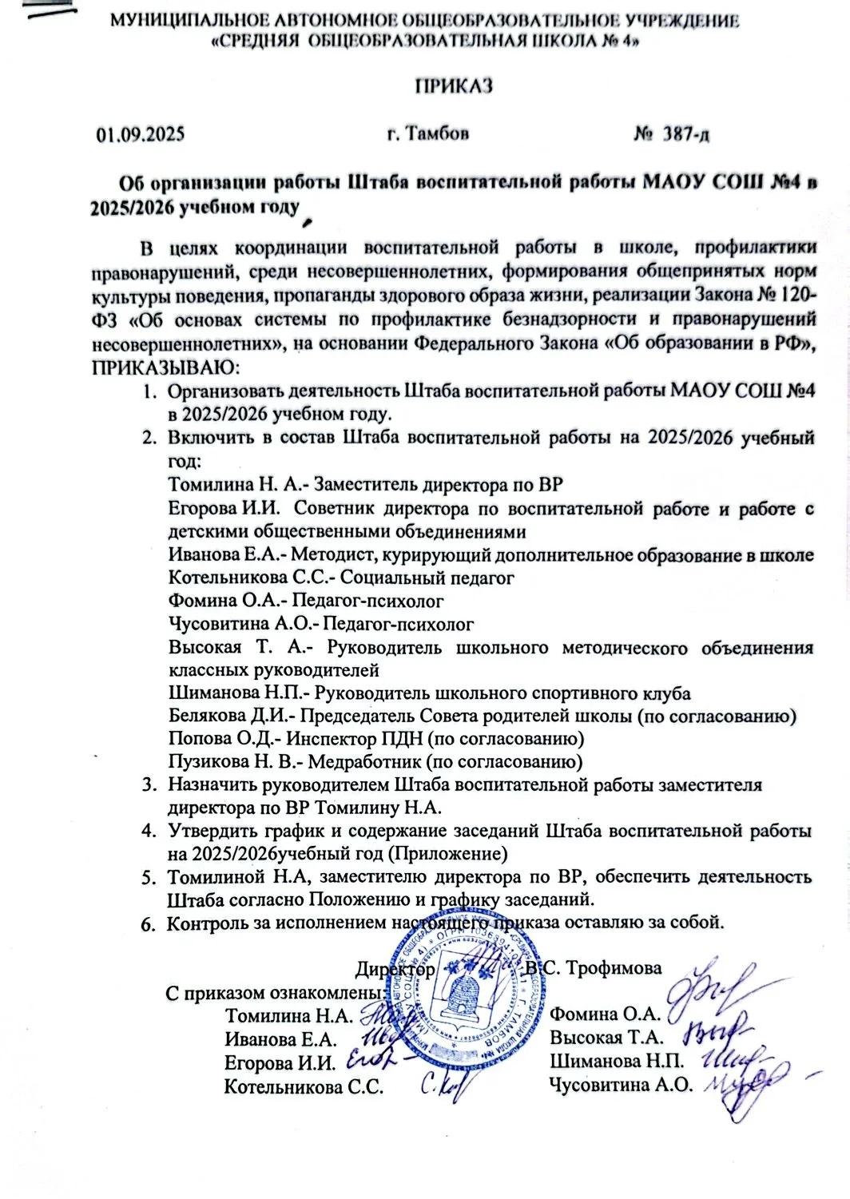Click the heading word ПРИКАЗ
point(452,85)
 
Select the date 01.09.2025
point(141,133)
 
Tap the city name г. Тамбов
point(427,133)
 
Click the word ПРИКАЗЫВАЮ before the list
point(165,368)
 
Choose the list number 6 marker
point(147,924)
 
